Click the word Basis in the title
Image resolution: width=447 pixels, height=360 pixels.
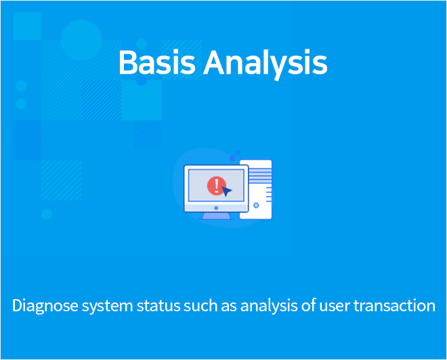(157, 62)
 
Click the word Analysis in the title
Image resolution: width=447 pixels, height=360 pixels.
(265, 64)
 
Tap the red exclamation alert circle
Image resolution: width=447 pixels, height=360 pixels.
(217, 185)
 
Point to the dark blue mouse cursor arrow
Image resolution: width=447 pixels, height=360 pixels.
(227, 191)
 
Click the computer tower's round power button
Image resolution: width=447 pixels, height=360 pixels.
(256, 205)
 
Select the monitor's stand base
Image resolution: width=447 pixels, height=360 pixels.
(216, 216)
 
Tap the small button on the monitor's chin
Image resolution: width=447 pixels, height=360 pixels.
(216, 208)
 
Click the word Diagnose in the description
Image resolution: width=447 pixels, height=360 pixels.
(45, 306)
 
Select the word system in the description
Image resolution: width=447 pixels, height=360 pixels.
(108, 307)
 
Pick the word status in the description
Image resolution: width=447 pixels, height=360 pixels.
(158, 306)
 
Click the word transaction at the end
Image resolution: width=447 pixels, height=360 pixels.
(395, 306)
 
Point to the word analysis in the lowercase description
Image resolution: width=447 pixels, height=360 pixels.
(269, 306)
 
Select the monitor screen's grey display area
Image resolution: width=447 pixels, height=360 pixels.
(216, 185)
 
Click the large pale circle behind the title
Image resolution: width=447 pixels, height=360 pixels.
(81, 40)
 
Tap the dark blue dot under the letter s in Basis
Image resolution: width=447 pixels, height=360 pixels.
(142, 80)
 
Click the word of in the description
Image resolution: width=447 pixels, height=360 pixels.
(308, 305)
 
